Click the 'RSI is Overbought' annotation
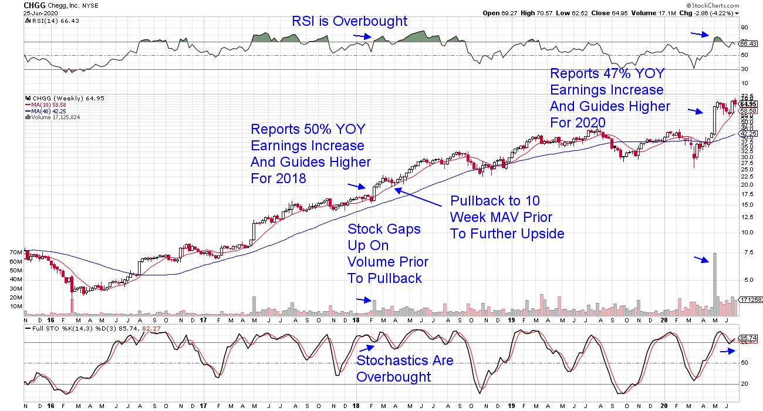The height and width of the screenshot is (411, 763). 350,22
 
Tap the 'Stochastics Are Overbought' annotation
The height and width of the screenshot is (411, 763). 404,368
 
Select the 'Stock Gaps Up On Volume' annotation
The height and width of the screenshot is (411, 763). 387,253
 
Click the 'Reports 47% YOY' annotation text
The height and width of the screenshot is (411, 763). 609,98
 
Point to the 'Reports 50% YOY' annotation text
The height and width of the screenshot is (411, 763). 310,153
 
